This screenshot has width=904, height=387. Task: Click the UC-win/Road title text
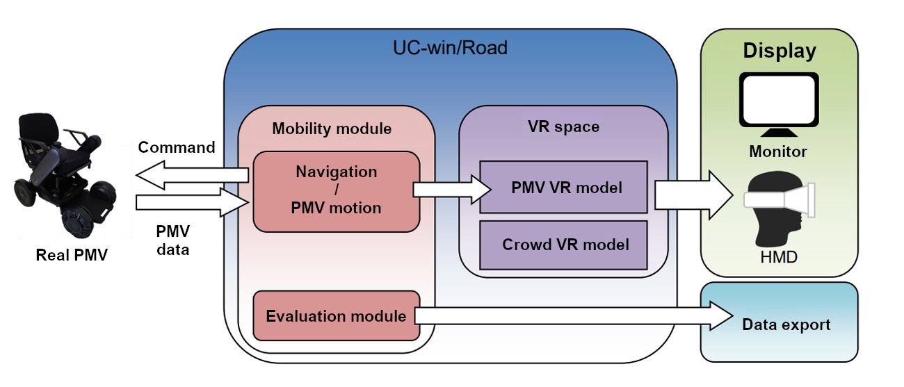(x=450, y=48)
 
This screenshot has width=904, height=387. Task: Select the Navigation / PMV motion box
(x=337, y=192)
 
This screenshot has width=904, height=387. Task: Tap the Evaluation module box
(x=337, y=315)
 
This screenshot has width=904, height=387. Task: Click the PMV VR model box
(x=563, y=187)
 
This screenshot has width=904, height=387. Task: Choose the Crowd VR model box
(x=563, y=245)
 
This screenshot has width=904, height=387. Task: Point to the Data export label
(x=786, y=324)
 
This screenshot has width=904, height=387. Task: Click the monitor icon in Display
(x=779, y=105)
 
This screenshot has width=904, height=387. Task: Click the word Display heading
(x=780, y=51)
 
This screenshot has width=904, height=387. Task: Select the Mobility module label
(x=332, y=129)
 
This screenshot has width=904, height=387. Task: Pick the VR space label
(x=563, y=126)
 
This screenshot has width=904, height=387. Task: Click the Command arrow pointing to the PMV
(x=192, y=175)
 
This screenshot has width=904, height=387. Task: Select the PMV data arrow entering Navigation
(x=193, y=202)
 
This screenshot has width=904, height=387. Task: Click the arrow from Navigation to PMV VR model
(x=452, y=189)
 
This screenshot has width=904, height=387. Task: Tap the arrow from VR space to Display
(x=693, y=195)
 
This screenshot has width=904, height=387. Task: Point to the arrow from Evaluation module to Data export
(x=574, y=316)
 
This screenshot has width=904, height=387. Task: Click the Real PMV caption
(x=72, y=255)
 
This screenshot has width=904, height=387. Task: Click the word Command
(x=177, y=147)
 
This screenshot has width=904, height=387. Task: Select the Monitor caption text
(x=778, y=151)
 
